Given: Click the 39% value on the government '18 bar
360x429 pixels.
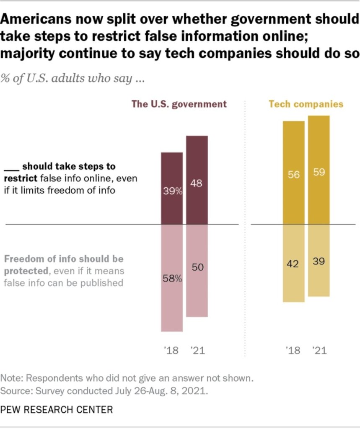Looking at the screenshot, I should (x=172, y=191).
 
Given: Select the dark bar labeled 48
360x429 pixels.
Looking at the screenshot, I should (x=197, y=180).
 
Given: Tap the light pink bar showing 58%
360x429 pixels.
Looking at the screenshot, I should (x=172, y=278).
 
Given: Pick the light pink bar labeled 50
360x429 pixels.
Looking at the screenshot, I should (x=197, y=271).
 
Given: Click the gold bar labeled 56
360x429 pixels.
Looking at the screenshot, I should (x=294, y=173).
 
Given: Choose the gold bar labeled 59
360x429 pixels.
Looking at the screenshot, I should (x=319, y=170).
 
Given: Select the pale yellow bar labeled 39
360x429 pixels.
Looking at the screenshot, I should (x=319, y=261).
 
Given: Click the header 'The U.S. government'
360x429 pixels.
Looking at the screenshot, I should (x=179, y=104).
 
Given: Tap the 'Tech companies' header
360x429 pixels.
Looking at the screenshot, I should (x=306, y=104).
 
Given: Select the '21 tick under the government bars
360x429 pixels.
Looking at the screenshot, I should (x=197, y=350).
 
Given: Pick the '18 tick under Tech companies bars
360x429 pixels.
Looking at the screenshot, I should (x=294, y=350).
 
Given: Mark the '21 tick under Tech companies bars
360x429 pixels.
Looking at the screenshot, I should (x=319, y=350).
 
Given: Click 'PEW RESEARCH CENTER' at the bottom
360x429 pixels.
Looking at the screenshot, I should (x=57, y=409).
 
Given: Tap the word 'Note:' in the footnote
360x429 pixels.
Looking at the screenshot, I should (x=13, y=378).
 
